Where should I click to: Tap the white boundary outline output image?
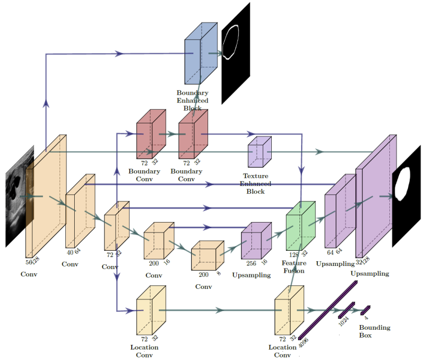pos(236,52)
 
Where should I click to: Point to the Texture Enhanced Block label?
pos(256,184)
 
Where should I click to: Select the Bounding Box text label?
pos(374,331)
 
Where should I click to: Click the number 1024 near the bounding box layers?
pos(343,320)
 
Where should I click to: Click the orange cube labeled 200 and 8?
pos(206,256)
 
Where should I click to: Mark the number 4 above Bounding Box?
pos(366,317)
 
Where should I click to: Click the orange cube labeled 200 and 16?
pos(158,241)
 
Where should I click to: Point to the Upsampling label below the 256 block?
pos(251,275)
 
